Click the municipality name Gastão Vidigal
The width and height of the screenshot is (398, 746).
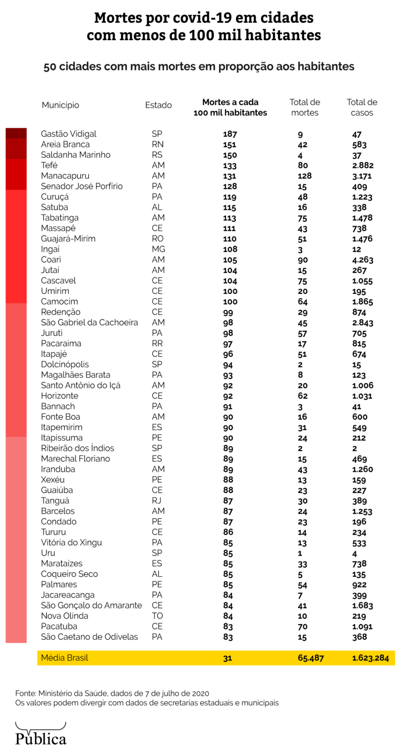pyautogui.click(x=69, y=134)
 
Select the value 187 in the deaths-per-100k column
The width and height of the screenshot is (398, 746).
pyautogui.click(x=229, y=134)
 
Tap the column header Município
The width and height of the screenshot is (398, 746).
pyautogui.click(x=60, y=105)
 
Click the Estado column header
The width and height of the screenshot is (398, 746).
pyautogui.click(x=158, y=105)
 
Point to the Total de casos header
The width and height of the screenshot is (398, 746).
pyautogui.click(x=362, y=107)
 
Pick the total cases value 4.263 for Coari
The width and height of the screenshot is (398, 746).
pyautogui.click(x=363, y=260)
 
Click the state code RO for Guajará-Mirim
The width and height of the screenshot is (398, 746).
pyautogui.click(x=157, y=239)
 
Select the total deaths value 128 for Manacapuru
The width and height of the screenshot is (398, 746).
pyautogui.click(x=304, y=176)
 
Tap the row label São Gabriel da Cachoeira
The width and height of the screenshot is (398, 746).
pyautogui.click(x=89, y=322)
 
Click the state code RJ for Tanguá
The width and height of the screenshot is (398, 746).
pyautogui.click(x=156, y=501)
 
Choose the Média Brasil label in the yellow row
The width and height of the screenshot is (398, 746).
pyautogui.click(x=65, y=658)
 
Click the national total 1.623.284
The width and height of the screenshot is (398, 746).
pyautogui.click(x=370, y=659)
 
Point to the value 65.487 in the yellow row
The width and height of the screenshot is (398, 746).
pyautogui.click(x=311, y=659)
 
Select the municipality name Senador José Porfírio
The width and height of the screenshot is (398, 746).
pyautogui.click(x=82, y=186)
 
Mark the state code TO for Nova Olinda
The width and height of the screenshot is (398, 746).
pyautogui.click(x=157, y=616)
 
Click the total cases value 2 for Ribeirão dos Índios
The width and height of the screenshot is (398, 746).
pyautogui.click(x=354, y=448)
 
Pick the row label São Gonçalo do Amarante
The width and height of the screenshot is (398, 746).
pyautogui.click(x=91, y=606)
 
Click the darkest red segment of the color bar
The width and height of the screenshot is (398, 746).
pyautogui.click(x=16, y=133)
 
